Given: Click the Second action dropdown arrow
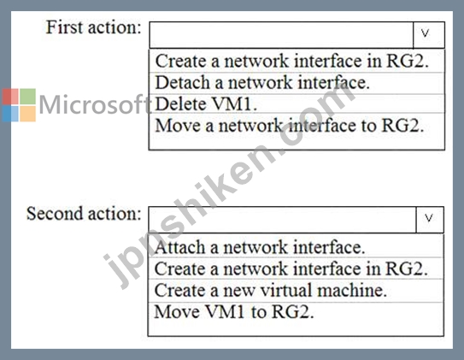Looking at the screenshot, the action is click(430, 220).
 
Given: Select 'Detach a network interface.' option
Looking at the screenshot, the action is click(262, 83).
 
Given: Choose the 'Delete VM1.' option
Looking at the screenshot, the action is click(206, 104).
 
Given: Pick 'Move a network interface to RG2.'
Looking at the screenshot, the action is click(290, 126).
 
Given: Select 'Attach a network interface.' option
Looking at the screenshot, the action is click(260, 247).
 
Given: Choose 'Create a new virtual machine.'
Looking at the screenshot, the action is click(271, 290).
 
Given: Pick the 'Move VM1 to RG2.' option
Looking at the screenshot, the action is click(234, 312).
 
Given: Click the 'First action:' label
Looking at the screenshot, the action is click(93, 27).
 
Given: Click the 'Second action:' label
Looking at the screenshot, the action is click(84, 214).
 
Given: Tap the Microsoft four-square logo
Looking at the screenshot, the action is click(19, 105).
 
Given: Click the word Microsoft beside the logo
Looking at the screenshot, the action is click(96, 104).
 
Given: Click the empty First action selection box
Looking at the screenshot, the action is click(281, 35).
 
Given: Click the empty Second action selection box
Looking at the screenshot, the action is click(282, 220).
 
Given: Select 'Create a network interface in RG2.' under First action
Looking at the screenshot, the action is click(291, 61).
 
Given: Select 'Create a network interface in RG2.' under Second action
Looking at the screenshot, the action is click(291, 269).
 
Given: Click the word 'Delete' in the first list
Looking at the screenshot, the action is click(181, 104).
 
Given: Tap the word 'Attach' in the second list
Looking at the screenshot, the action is click(179, 247).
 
